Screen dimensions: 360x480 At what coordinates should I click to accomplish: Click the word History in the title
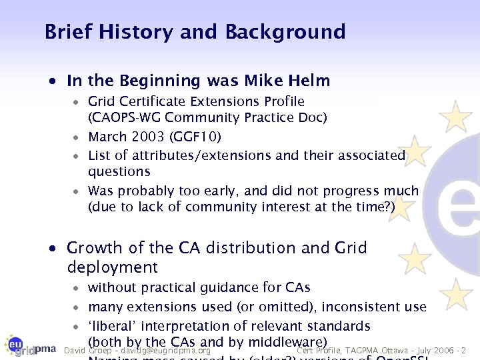point(130,32)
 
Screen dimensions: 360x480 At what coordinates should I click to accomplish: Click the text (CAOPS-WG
point(125,117)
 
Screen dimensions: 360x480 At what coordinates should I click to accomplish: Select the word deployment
point(113,268)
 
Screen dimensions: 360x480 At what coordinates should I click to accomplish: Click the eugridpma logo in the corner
point(29,344)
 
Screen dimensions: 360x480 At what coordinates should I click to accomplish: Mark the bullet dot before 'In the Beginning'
point(58,82)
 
